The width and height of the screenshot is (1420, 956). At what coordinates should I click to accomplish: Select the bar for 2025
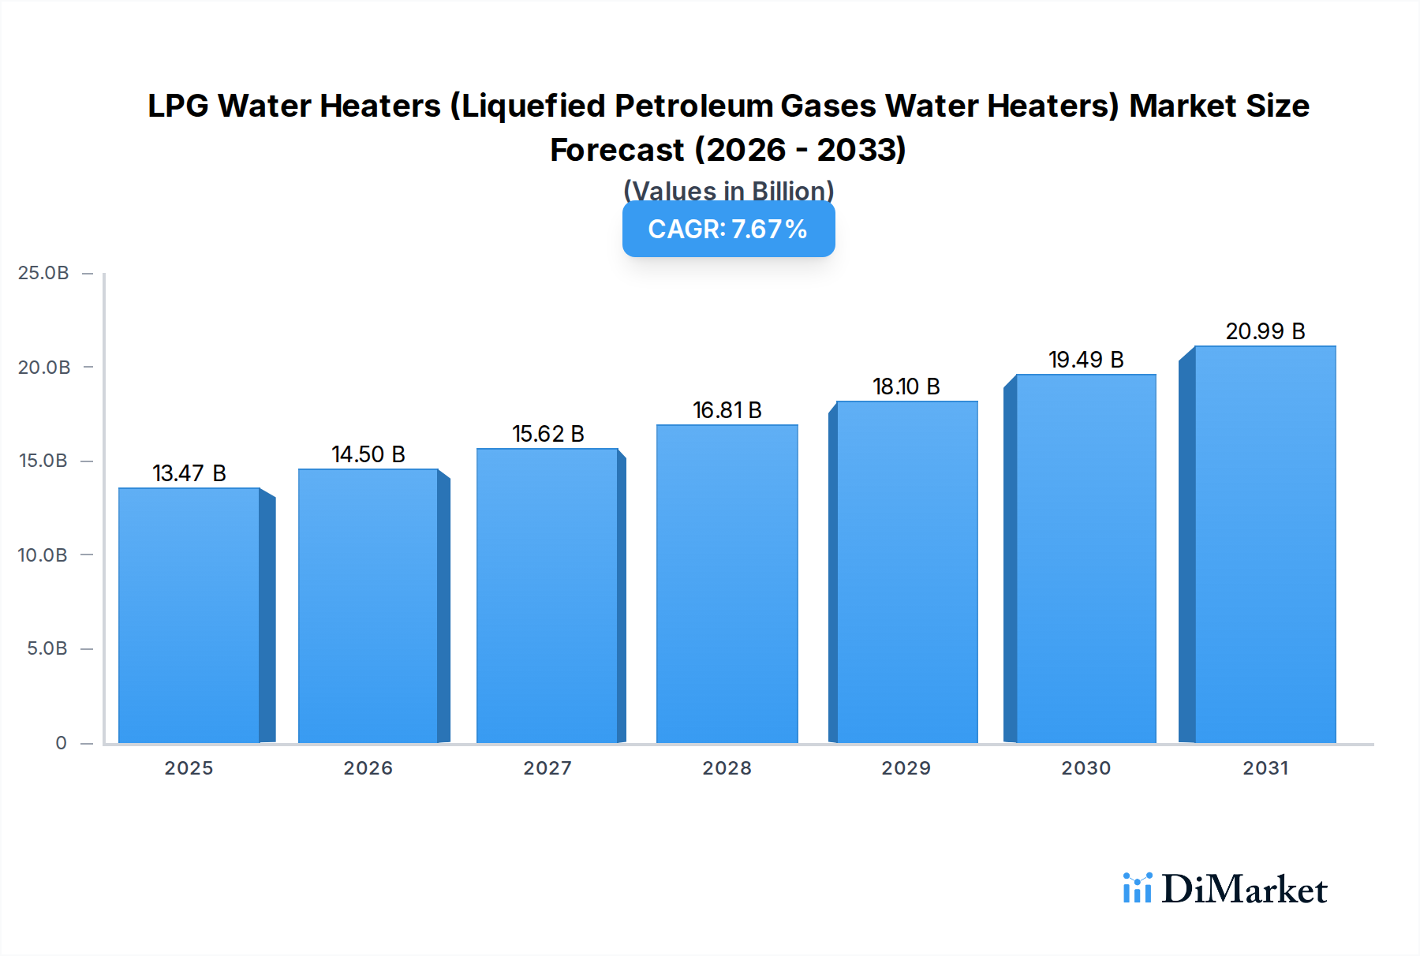click(x=189, y=615)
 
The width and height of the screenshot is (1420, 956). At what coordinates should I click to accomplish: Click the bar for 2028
click(x=727, y=584)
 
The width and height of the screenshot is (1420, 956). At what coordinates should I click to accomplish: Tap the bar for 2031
click(x=1265, y=544)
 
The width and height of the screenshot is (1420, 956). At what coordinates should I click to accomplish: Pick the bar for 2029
click(x=906, y=572)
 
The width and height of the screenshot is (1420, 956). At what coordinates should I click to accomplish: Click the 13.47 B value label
click(x=189, y=473)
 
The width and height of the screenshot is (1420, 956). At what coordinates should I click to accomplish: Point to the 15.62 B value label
click(x=548, y=434)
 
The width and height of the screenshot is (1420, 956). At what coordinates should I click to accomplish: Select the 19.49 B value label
click(x=1086, y=360)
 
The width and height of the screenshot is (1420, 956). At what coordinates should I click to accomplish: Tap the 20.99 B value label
click(x=1265, y=331)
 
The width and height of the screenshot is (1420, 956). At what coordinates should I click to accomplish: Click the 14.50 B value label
click(x=368, y=454)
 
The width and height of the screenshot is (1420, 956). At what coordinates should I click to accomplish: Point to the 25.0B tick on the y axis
click(x=43, y=273)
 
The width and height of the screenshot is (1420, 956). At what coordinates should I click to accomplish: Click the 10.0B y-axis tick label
click(x=43, y=555)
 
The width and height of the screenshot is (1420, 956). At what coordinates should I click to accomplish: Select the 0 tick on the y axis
click(x=61, y=743)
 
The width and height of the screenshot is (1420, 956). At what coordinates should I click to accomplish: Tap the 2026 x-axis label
click(x=368, y=768)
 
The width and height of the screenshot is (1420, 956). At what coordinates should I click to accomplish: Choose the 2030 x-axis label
click(x=1086, y=768)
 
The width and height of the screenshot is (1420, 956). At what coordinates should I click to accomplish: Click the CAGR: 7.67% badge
click(x=728, y=230)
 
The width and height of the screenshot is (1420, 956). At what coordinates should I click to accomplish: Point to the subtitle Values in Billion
click(x=728, y=191)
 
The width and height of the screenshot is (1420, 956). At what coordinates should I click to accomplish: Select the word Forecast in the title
click(x=617, y=150)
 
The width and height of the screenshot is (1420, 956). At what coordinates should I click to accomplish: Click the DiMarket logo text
click(x=1244, y=890)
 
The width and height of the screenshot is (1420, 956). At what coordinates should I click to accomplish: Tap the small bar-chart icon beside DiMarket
click(x=1137, y=888)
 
